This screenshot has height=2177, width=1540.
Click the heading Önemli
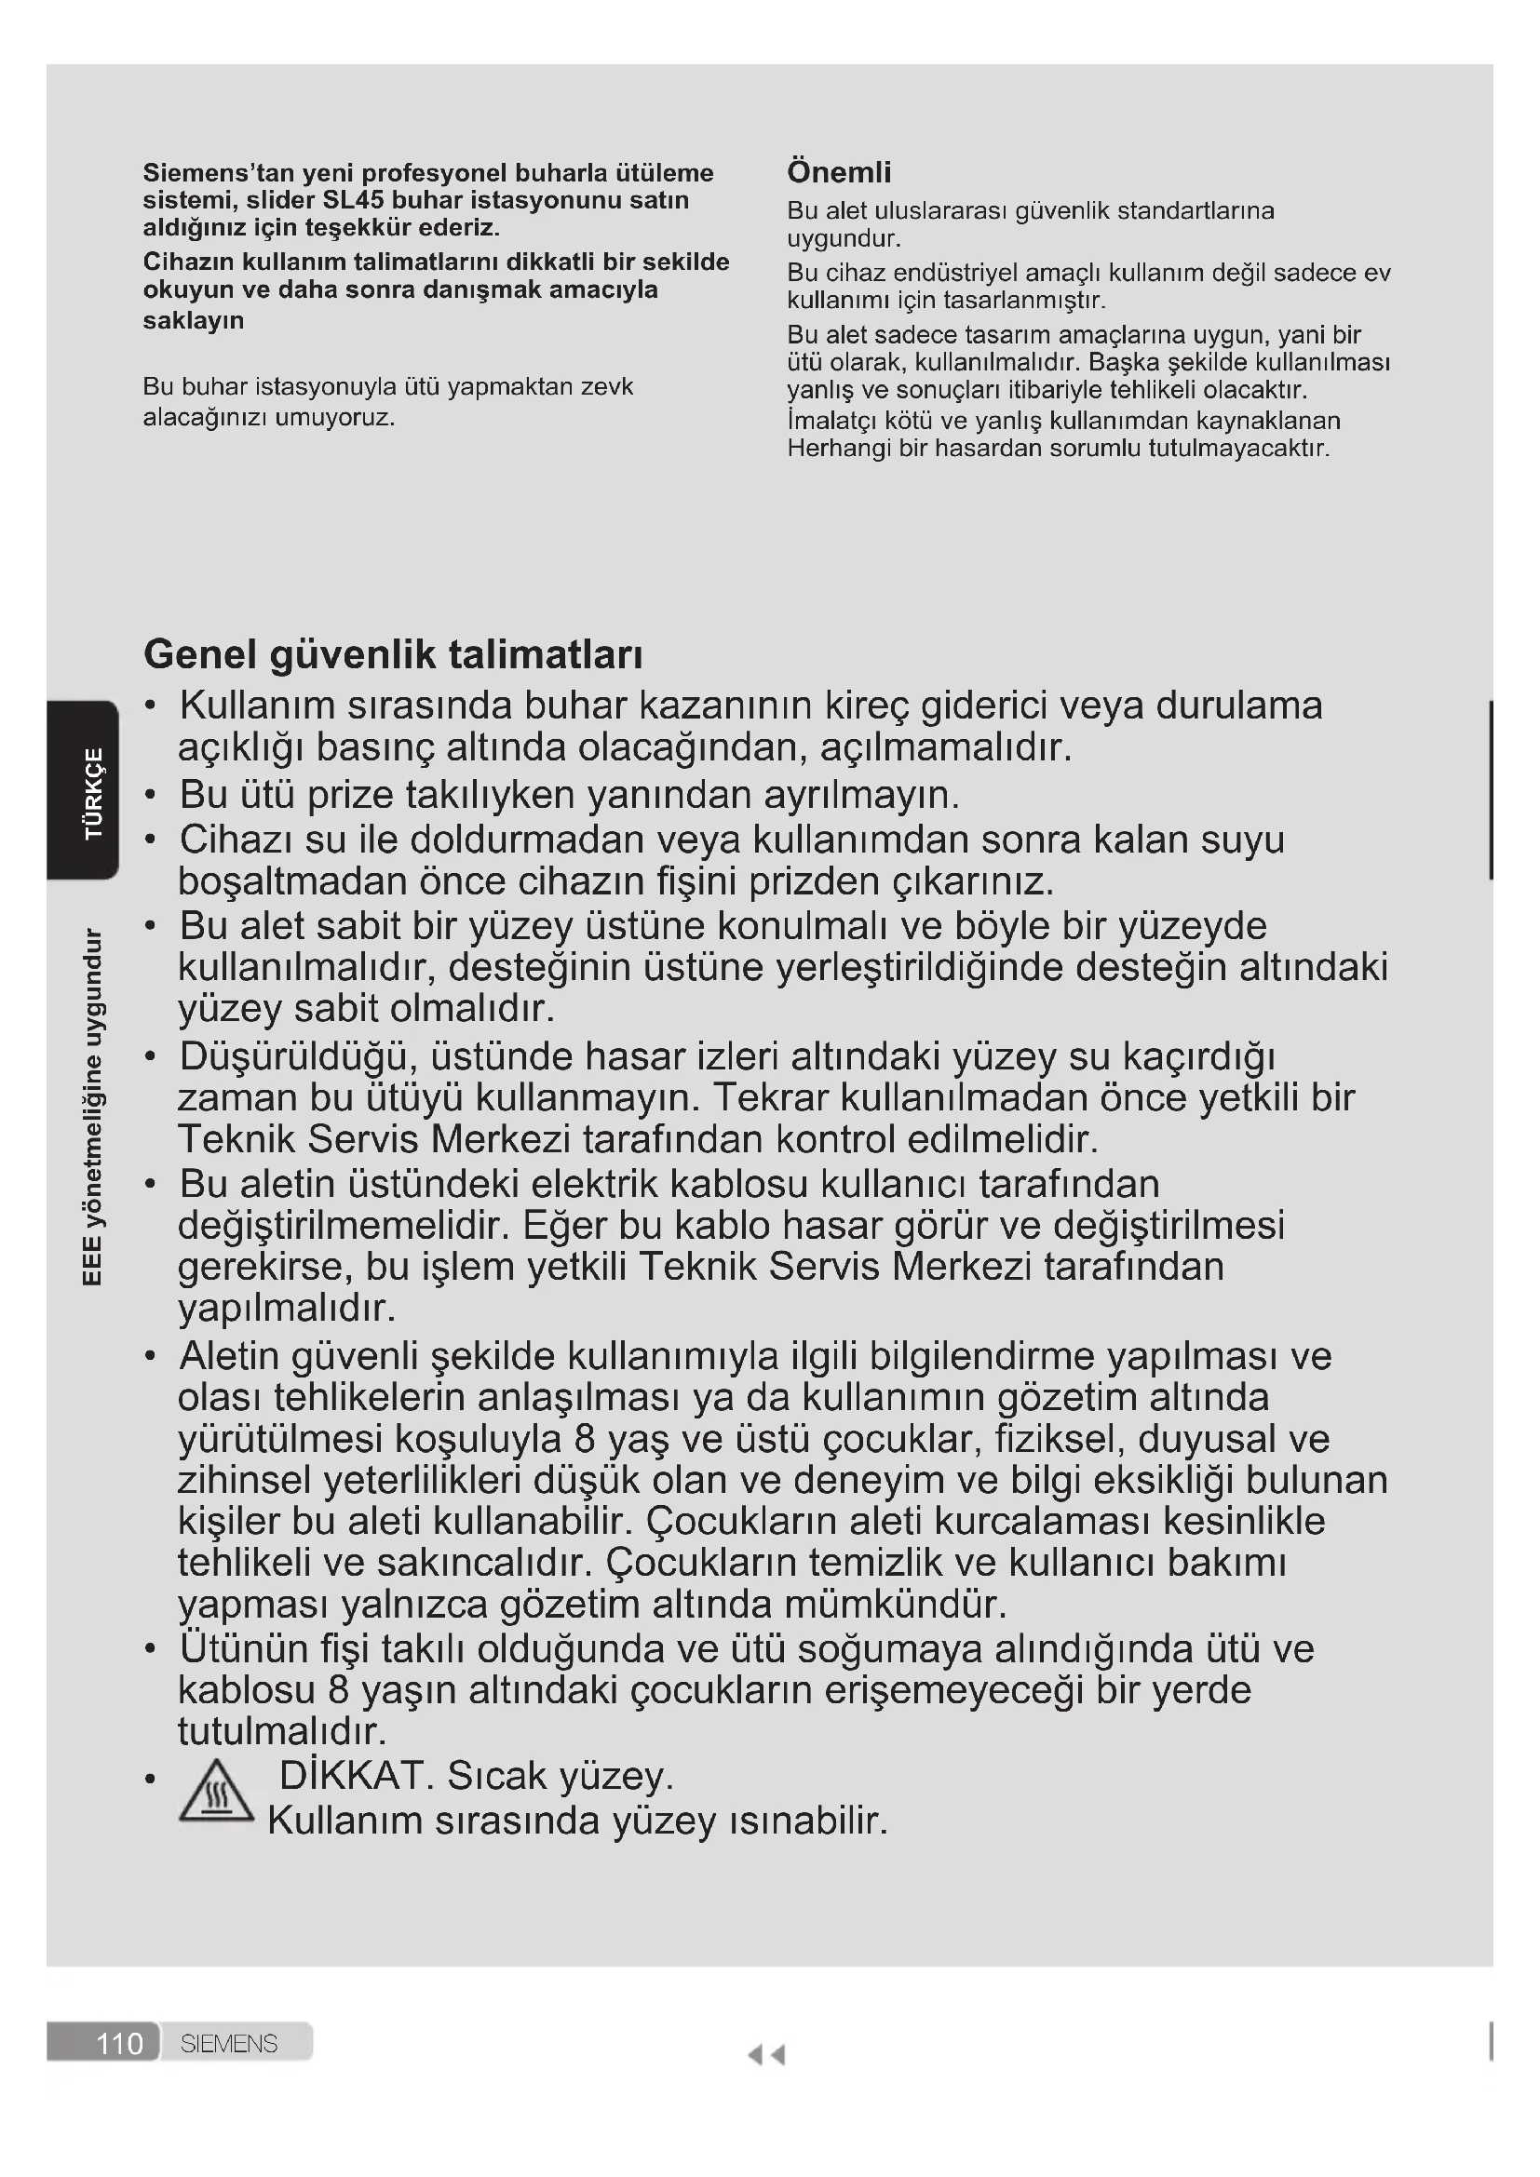pyautogui.click(x=838, y=172)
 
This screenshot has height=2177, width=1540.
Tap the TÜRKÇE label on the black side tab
pyautogui.click(x=94, y=793)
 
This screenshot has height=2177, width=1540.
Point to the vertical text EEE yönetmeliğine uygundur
pyautogui.click(x=92, y=1107)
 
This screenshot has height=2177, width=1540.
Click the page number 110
pyautogui.click(x=119, y=2043)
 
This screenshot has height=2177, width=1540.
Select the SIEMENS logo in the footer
pyautogui.click(x=228, y=2043)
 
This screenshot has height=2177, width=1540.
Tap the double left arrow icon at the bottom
pyautogui.click(x=766, y=2055)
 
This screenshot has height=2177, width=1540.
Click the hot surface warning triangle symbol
pyautogui.click(x=216, y=1791)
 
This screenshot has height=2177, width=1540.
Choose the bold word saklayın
pyautogui.click(x=194, y=320)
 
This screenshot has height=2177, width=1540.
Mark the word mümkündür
pyautogui.click(x=894, y=1605)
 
